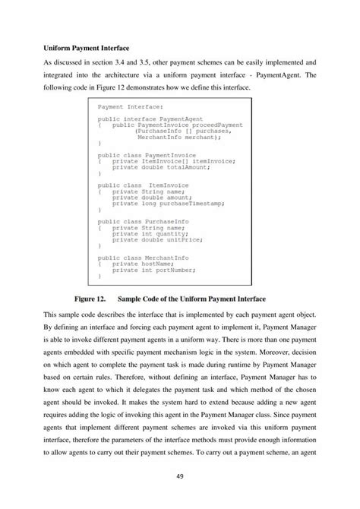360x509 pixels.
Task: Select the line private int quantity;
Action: click(148, 232)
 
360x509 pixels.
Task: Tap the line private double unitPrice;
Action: click(156, 239)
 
